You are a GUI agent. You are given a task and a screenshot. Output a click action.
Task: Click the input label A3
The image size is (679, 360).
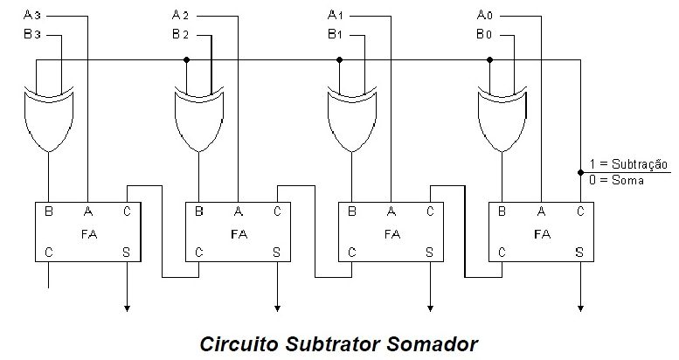pos(31,15)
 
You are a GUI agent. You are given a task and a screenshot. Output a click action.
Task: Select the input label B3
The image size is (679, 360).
pos(31,34)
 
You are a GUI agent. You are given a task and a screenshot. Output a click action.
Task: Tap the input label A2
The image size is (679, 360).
pos(181,15)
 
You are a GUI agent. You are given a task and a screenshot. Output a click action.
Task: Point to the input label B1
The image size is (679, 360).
pos(335,34)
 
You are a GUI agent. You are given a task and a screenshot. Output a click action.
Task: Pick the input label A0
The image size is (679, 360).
pos(485,15)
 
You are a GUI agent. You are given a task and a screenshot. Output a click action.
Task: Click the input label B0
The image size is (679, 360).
pos(485,34)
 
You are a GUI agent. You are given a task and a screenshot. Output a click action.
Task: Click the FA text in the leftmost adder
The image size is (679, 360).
pos(88,233)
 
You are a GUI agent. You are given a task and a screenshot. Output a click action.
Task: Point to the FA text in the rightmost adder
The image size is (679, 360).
pos(542,233)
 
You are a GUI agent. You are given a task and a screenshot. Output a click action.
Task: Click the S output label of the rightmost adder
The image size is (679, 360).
pos(579,253)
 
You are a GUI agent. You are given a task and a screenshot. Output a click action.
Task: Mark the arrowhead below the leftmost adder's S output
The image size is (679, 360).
pos(128,307)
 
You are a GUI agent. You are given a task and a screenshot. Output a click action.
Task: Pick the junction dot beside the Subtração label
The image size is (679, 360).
pos(580,172)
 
